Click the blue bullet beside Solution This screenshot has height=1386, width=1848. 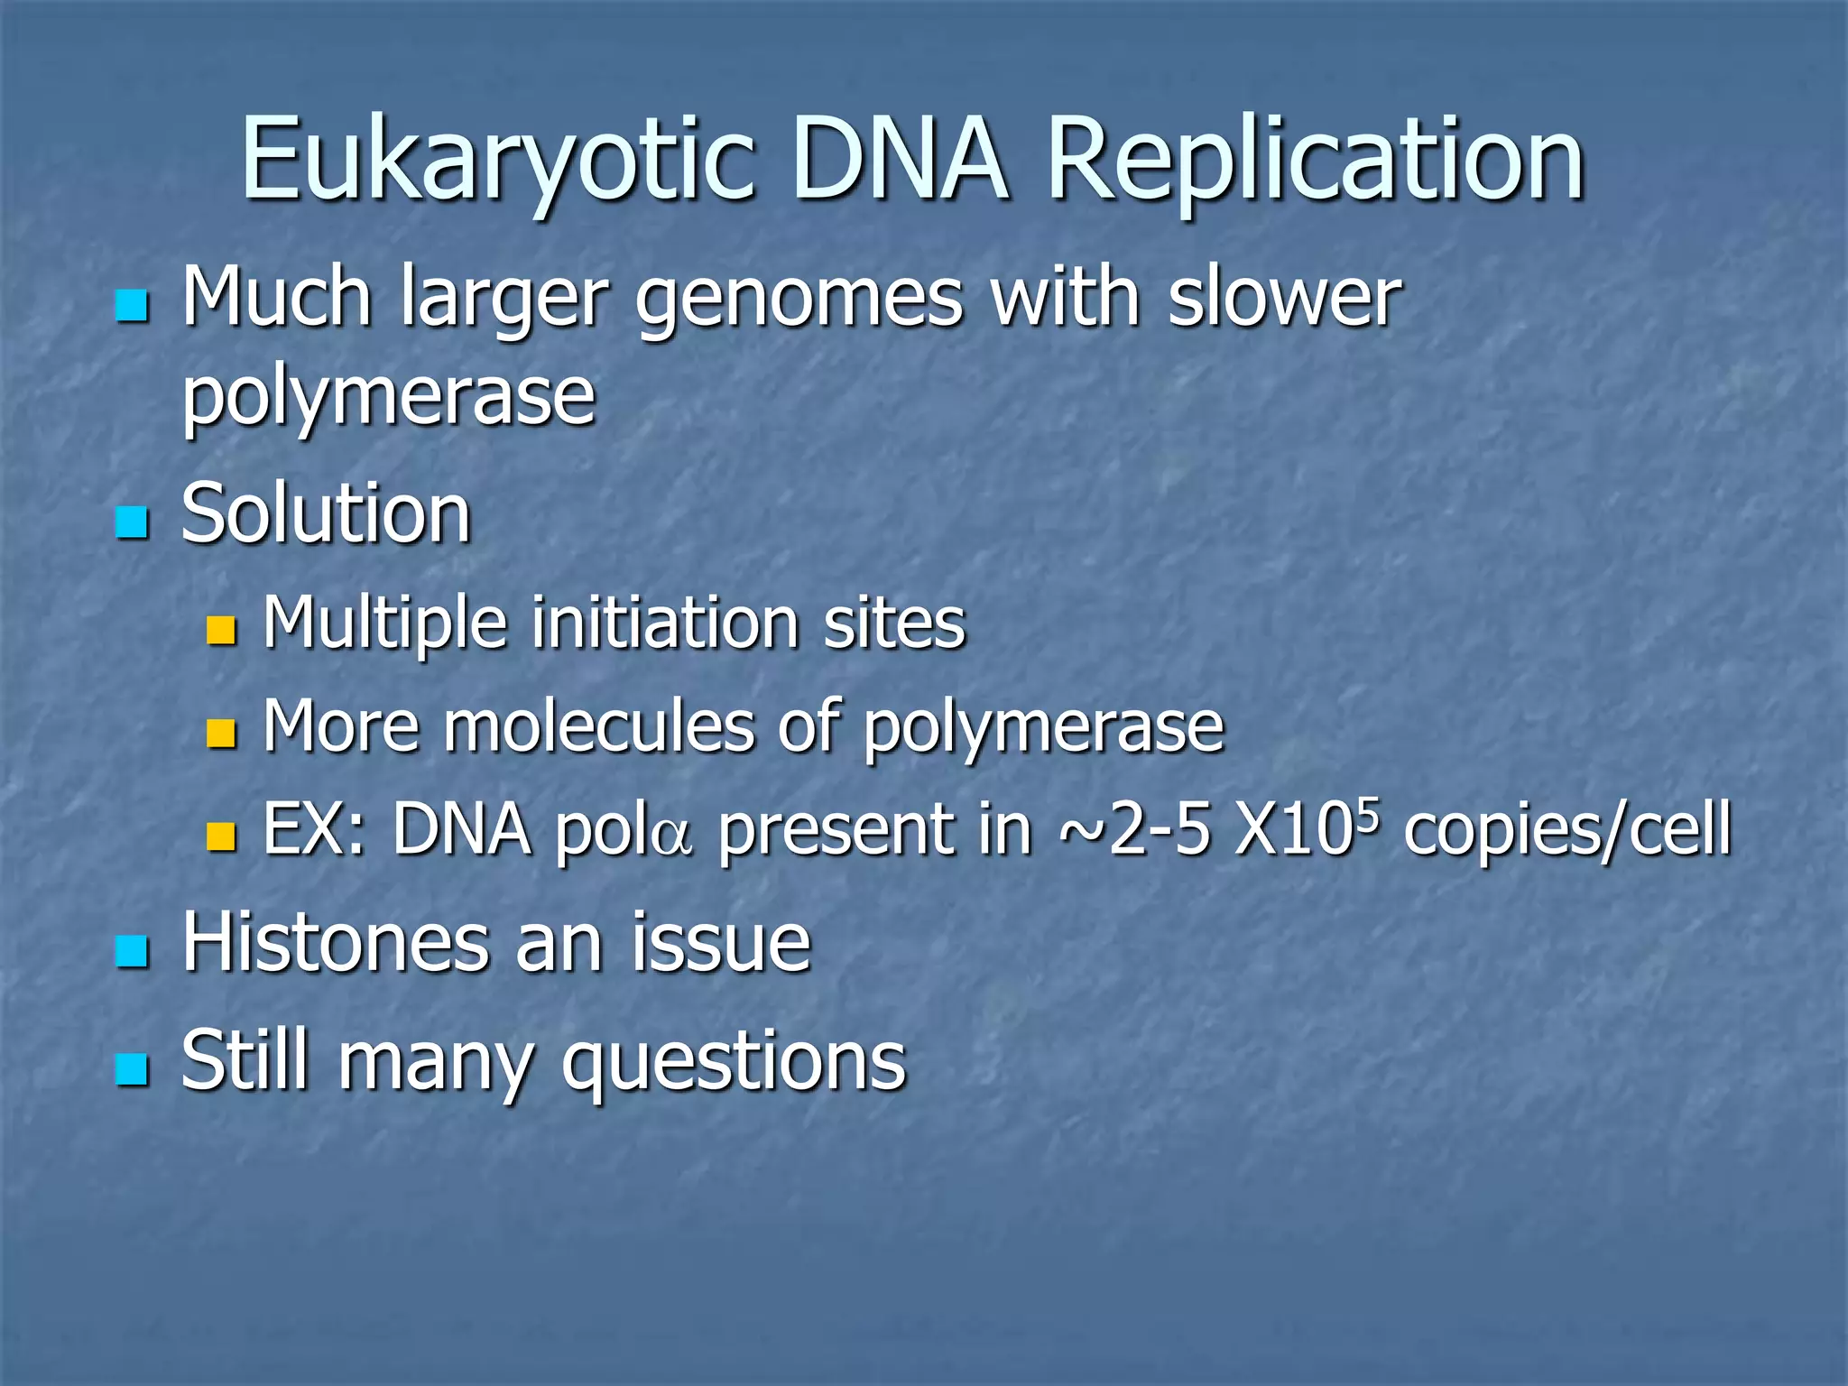pos(132,522)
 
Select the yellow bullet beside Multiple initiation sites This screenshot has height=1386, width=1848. pos(220,631)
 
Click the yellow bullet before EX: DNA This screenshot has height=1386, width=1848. pos(220,836)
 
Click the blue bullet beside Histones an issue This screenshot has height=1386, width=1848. pos(132,951)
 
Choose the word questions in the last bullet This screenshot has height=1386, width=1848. pos(733,1062)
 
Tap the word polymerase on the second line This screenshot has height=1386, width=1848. pos(389,397)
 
